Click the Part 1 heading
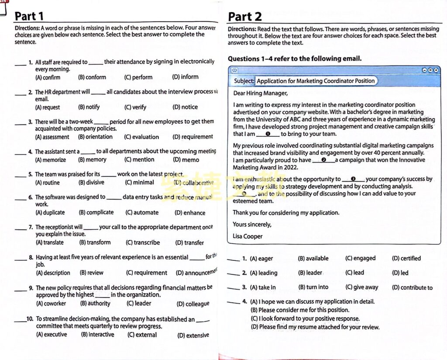[x=29, y=16]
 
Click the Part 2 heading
[x=245, y=17]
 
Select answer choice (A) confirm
[x=48, y=77]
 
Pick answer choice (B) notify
[x=89, y=107]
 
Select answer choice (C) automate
[x=142, y=213]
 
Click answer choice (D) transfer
[x=189, y=242]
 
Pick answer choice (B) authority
[x=96, y=303]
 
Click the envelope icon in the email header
[x=234, y=70]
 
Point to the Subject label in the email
[x=244, y=81]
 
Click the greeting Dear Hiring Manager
[x=260, y=93]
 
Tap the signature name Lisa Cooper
[x=248, y=236]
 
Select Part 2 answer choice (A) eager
[x=261, y=259]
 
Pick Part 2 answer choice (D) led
[x=400, y=273]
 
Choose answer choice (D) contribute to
[x=412, y=287]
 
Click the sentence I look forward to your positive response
[x=305, y=318]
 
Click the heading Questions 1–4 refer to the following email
[x=295, y=59]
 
